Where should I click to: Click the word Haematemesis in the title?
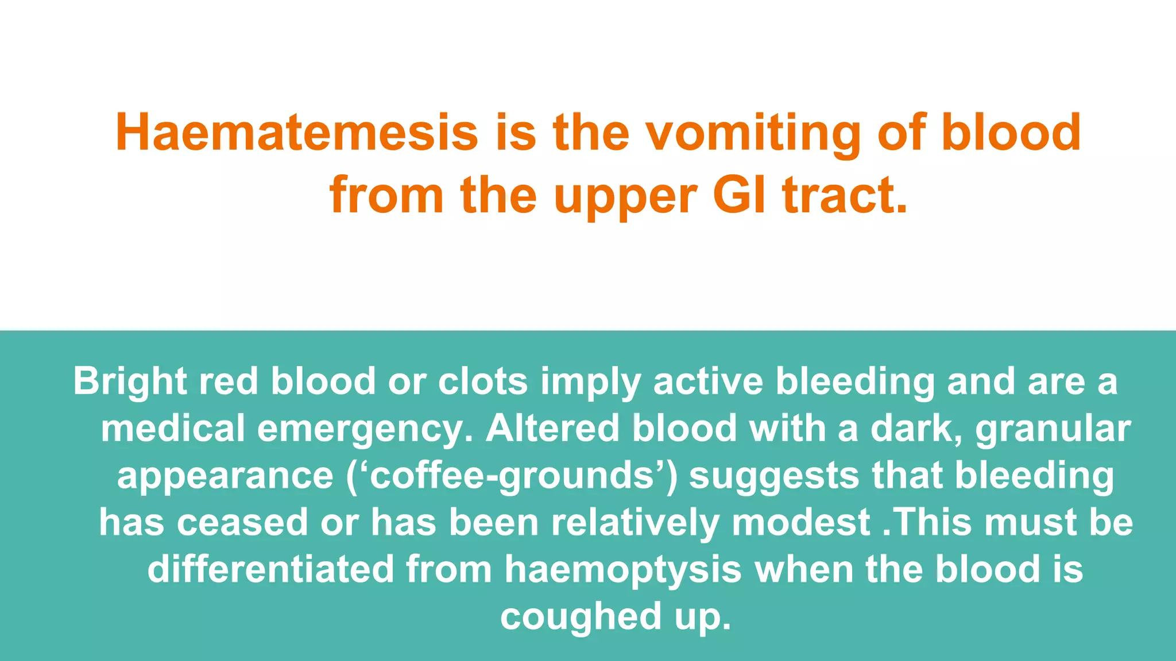click(296, 133)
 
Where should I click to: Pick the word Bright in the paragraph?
click(130, 382)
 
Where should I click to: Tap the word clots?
click(483, 381)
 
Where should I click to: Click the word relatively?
click(635, 523)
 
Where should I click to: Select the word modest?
click(801, 523)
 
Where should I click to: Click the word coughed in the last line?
click(581, 617)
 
